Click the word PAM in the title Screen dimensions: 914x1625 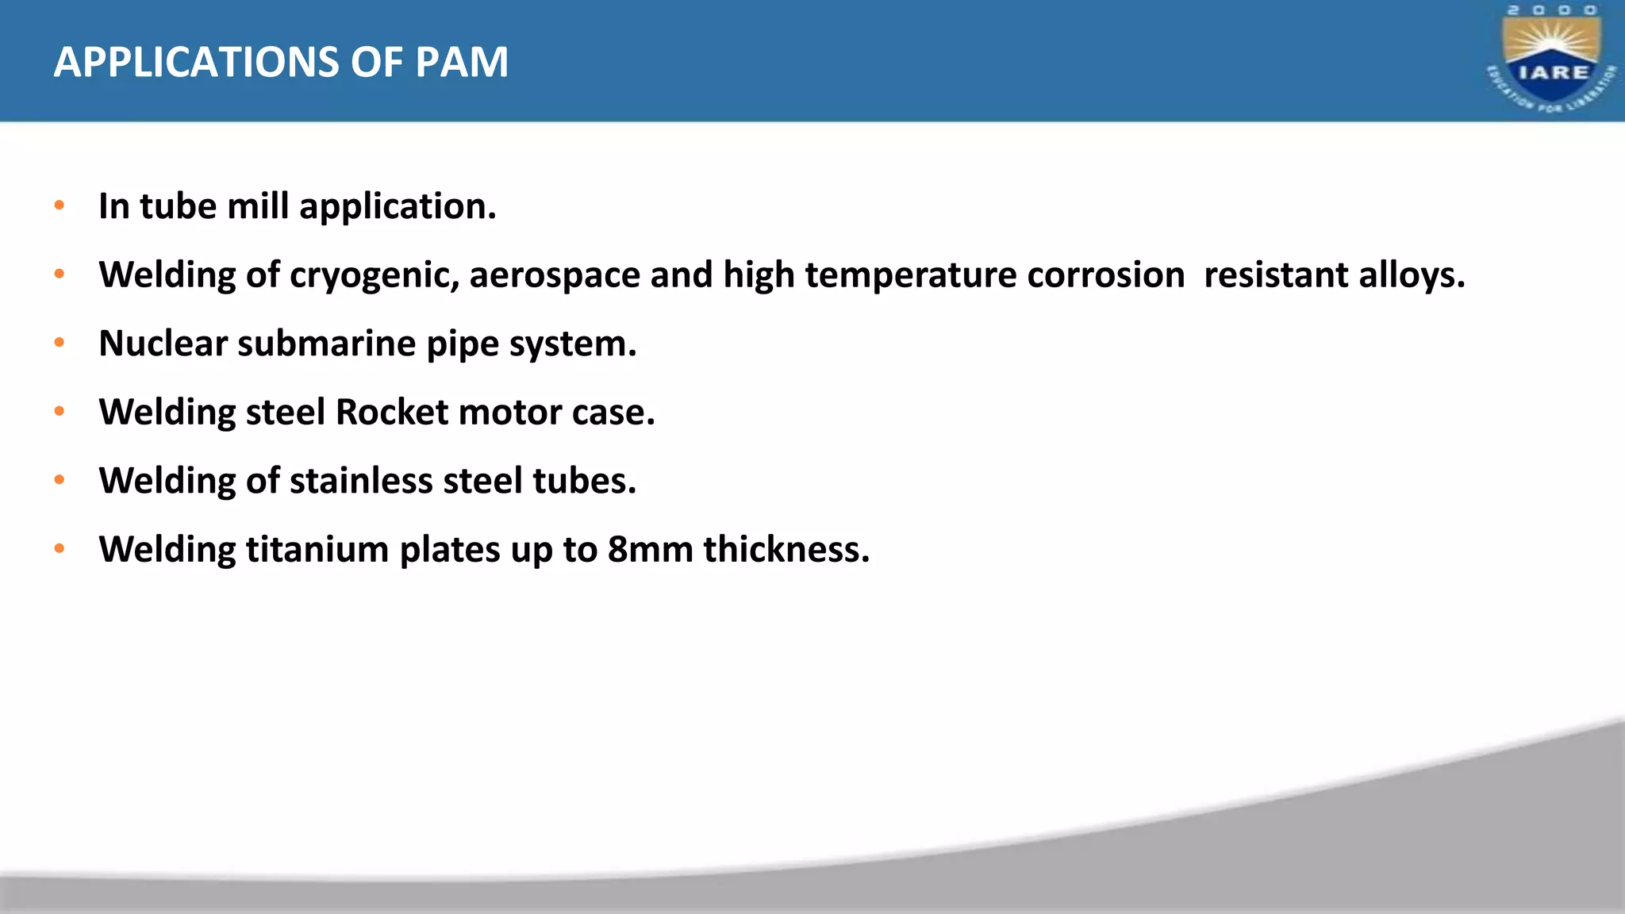click(461, 62)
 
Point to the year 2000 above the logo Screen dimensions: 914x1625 click(1552, 10)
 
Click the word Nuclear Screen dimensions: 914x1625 click(163, 344)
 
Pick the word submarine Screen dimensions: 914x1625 click(326, 344)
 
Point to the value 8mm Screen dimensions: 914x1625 click(650, 549)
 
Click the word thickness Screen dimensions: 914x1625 click(786, 549)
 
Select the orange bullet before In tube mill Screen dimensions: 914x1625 click(59, 205)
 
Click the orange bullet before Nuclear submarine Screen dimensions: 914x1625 click(59, 343)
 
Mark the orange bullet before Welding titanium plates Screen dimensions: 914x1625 click(59, 548)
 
